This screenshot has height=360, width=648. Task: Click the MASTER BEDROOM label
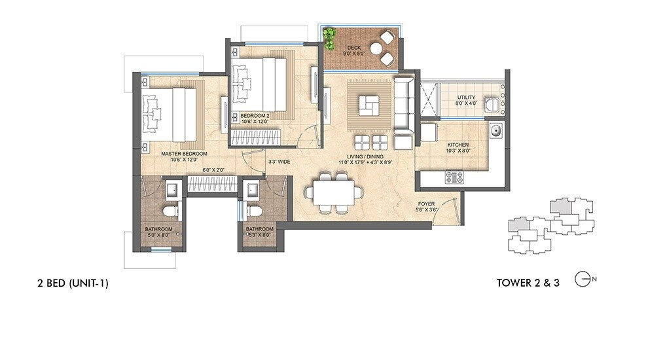click(184, 154)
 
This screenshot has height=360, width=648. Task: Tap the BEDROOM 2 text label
click(255, 115)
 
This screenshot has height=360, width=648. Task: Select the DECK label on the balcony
click(354, 47)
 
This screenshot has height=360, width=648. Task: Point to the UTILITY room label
click(467, 98)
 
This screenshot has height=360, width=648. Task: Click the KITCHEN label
click(458, 145)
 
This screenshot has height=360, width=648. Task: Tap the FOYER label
click(426, 204)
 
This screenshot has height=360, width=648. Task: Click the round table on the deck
click(378, 48)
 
